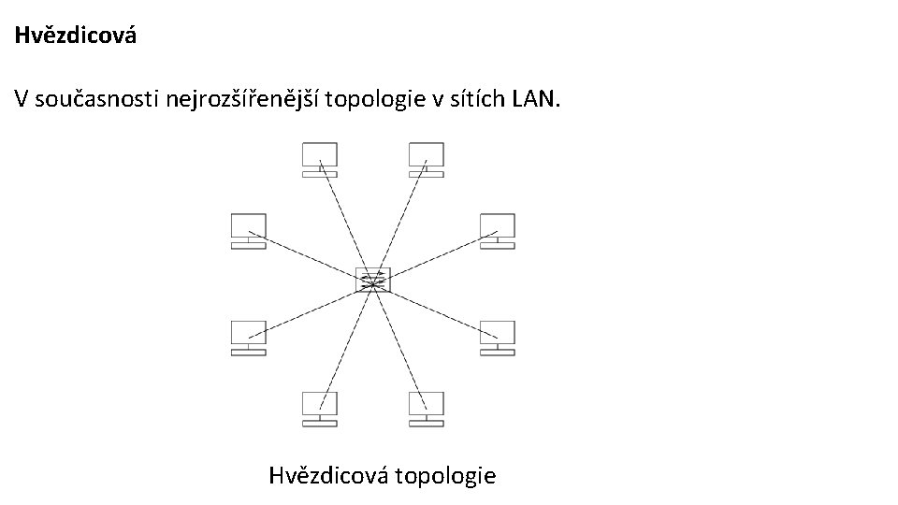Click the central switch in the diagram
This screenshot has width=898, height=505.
[x=373, y=280]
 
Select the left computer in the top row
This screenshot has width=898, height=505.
[x=319, y=159]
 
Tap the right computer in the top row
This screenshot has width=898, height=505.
[x=427, y=159]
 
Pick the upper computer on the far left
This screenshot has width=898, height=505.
[x=249, y=231]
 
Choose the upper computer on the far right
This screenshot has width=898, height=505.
[x=497, y=231]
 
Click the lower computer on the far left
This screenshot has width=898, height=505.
[x=249, y=338]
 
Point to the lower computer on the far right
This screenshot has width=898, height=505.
[x=497, y=338]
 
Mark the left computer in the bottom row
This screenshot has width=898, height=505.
[x=319, y=409]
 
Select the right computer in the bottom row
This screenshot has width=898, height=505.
[x=427, y=409]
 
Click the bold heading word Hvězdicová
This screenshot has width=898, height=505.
[x=76, y=36]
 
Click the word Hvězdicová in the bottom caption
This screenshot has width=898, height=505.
[x=328, y=475]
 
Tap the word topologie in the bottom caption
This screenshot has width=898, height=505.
[x=445, y=475]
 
